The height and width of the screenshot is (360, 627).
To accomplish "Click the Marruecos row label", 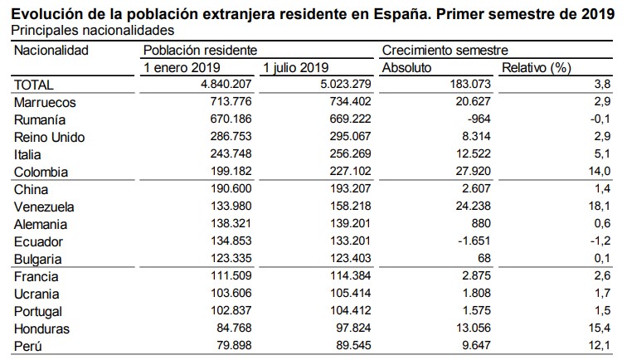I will click(x=46, y=102).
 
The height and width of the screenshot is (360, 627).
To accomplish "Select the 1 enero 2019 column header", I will click(x=182, y=67).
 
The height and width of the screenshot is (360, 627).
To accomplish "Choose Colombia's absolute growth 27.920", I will click(x=468, y=172).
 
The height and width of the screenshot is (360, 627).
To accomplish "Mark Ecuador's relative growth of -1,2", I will click(x=600, y=241).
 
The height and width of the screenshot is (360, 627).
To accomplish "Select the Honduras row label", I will click(x=42, y=328).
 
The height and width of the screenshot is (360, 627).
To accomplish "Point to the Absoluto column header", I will click(x=407, y=67).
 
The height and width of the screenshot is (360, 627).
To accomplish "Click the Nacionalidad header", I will click(x=51, y=50).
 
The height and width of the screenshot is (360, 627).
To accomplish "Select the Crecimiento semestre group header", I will click(x=445, y=50).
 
